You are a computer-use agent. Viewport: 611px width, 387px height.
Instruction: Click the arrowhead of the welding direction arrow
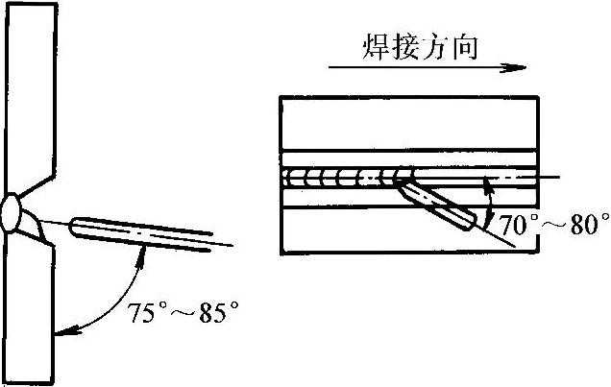[520, 68]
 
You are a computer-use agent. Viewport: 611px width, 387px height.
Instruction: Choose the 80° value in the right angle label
[585, 226]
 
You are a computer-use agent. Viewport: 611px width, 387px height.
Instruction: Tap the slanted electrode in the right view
[439, 203]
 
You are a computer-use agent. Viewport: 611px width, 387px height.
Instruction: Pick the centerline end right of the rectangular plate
[560, 178]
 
